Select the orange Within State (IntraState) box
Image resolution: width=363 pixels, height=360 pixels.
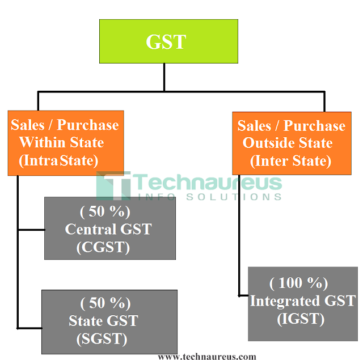tap(65, 143)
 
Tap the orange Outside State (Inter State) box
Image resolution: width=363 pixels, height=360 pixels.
tap(291, 143)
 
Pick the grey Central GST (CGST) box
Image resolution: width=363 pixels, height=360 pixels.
tap(109, 228)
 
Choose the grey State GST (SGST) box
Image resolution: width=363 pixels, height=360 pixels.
tap(109, 321)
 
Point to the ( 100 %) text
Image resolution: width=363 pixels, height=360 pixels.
tap(299, 282)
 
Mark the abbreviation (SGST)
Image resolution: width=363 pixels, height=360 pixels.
tap(102, 339)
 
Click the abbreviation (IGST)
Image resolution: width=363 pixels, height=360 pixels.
tap(301, 319)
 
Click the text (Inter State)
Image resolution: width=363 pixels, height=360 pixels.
tap(290, 161)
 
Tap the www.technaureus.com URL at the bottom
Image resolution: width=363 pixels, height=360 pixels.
tap(206, 355)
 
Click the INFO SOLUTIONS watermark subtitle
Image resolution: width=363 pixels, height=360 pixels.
tap(209, 197)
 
